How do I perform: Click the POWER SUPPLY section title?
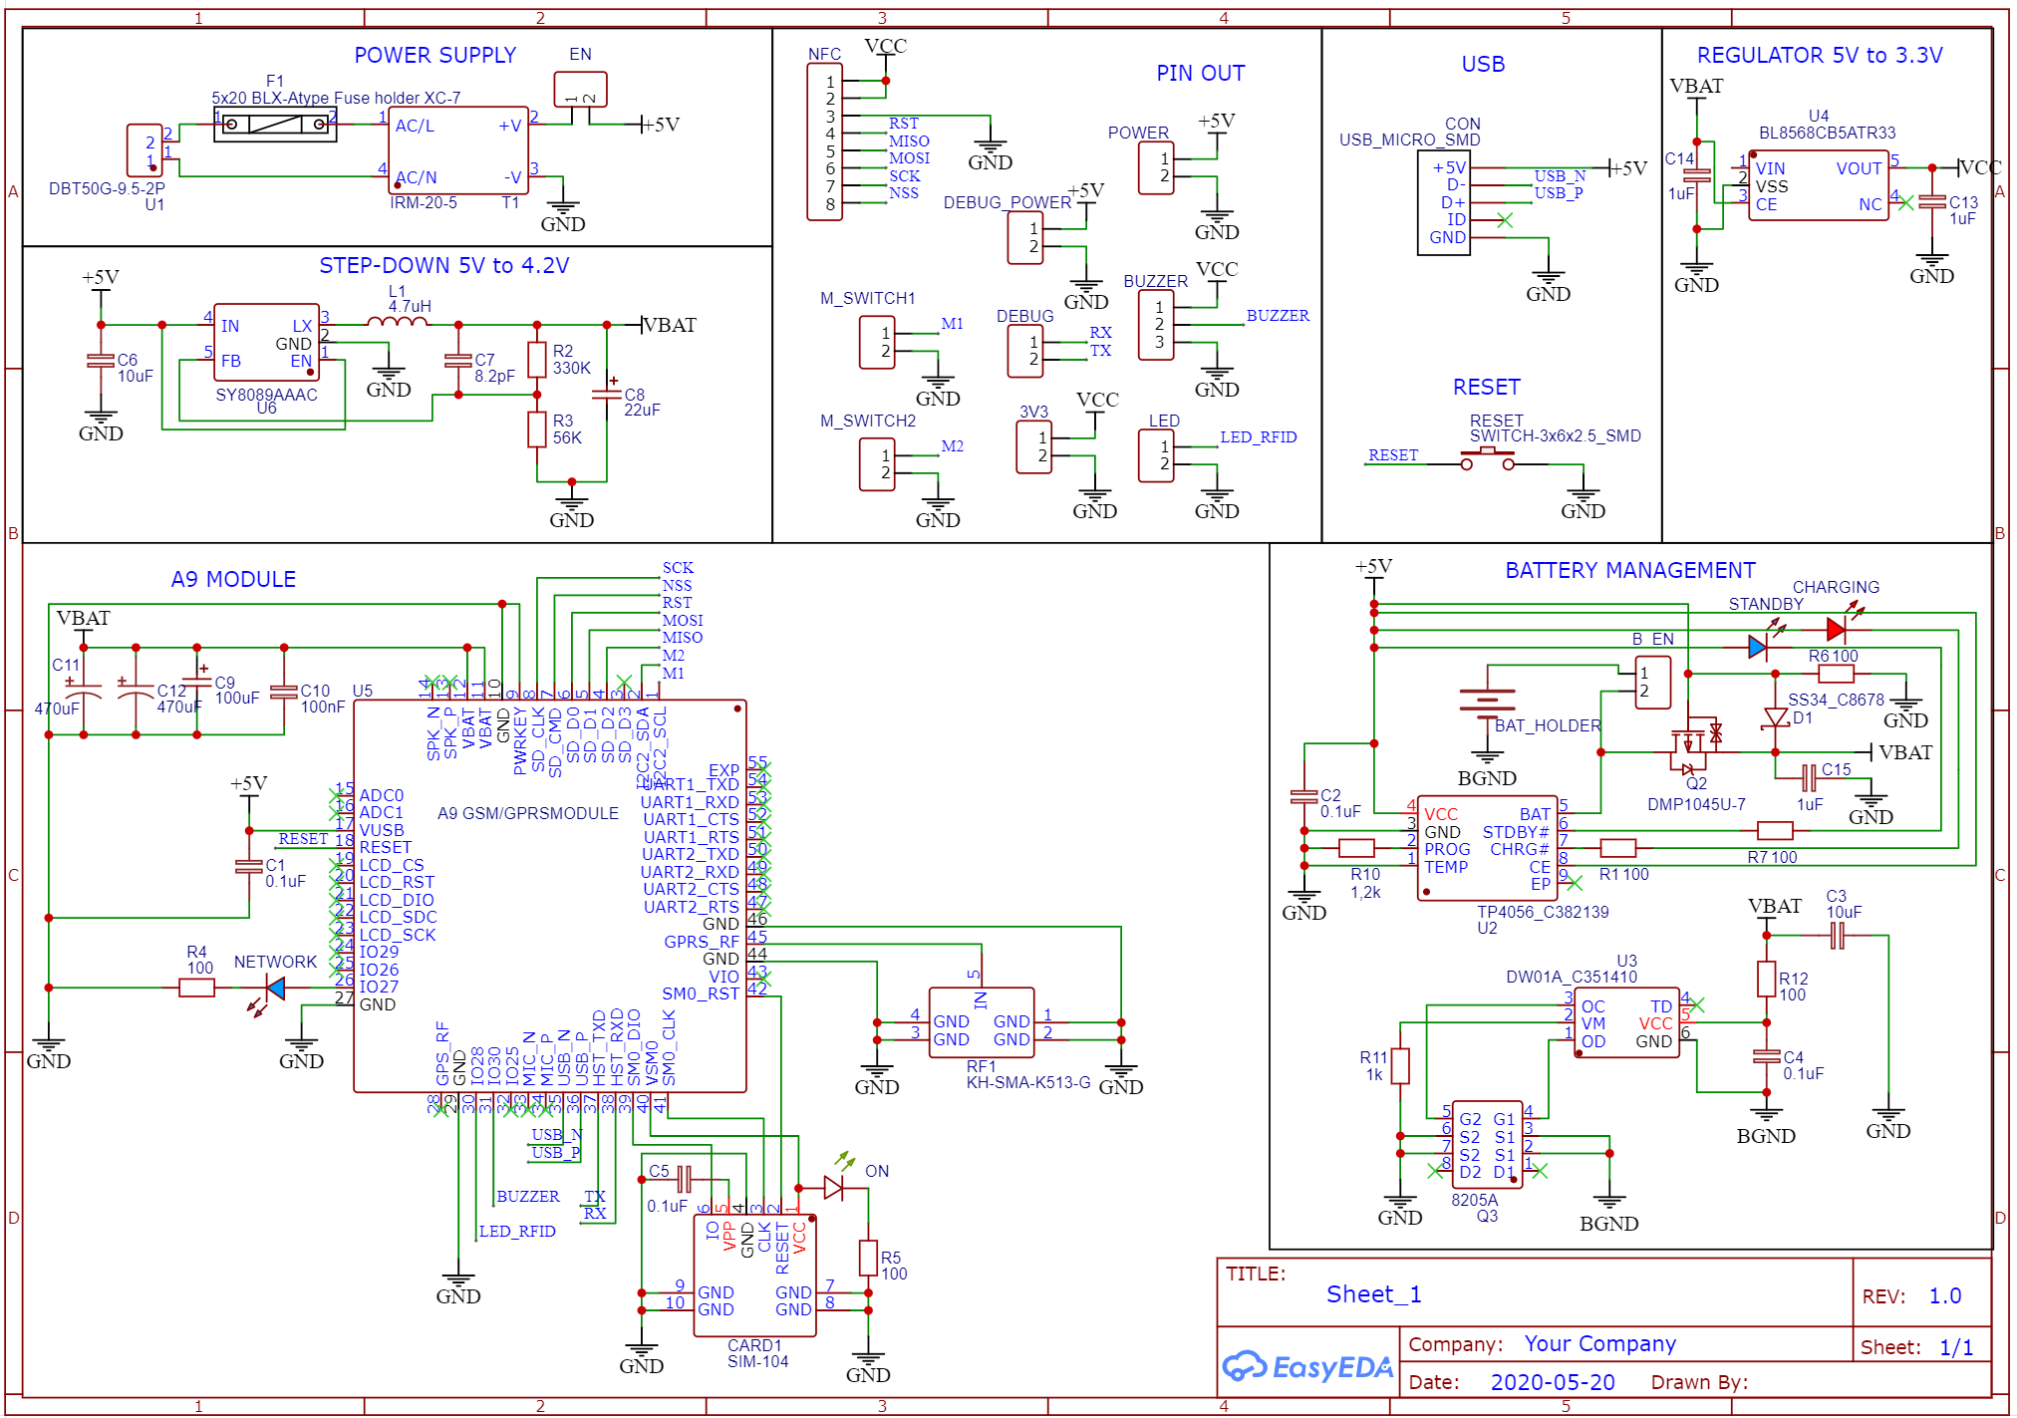tap(434, 56)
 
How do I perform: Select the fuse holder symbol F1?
tap(275, 125)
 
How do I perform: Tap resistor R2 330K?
tap(537, 360)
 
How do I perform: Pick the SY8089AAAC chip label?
tap(266, 395)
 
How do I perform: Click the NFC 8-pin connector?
tap(824, 142)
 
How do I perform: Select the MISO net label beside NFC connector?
tap(909, 142)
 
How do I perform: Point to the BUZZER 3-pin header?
tap(1156, 325)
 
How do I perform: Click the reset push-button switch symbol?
tap(1487, 459)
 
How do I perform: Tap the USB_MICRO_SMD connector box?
tap(1443, 203)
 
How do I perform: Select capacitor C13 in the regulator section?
tap(1931, 202)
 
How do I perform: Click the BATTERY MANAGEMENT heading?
tap(1629, 571)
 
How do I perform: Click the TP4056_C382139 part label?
tap(1542, 912)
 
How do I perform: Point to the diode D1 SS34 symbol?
tap(1775, 717)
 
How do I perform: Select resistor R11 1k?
tap(1400, 1065)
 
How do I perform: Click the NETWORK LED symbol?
tap(274, 989)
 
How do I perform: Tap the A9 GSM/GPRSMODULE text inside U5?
tap(528, 813)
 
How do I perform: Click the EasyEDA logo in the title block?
tap(1307, 1366)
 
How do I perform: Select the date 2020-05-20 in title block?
tap(1552, 1382)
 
